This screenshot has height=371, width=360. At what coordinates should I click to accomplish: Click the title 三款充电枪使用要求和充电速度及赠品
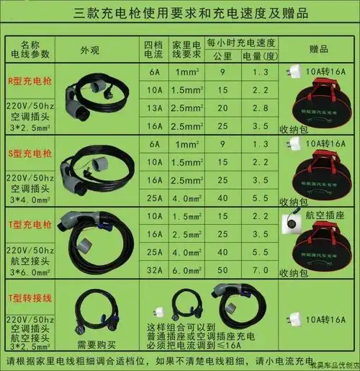(180, 14)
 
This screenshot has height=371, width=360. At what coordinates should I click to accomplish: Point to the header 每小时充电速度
(242, 43)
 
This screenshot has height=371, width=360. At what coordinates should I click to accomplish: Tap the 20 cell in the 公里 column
(223, 107)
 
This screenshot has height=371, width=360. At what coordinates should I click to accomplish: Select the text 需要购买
(91, 344)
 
